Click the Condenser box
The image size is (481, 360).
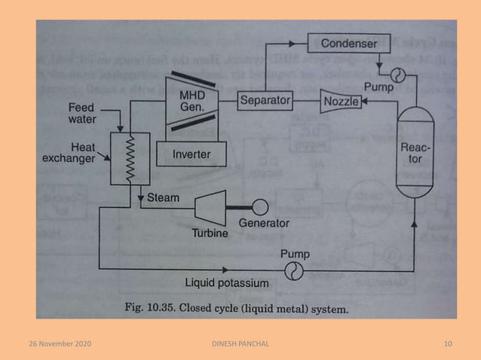click(x=349, y=44)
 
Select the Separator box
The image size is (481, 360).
click(x=264, y=99)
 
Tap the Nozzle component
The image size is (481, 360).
click(x=341, y=100)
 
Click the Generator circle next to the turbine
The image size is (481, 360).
click(x=261, y=206)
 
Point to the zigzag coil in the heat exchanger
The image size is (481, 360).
click(x=129, y=159)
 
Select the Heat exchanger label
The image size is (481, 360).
click(x=89, y=153)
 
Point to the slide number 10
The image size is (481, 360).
click(x=448, y=344)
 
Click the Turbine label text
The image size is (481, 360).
click(x=209, y=233)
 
